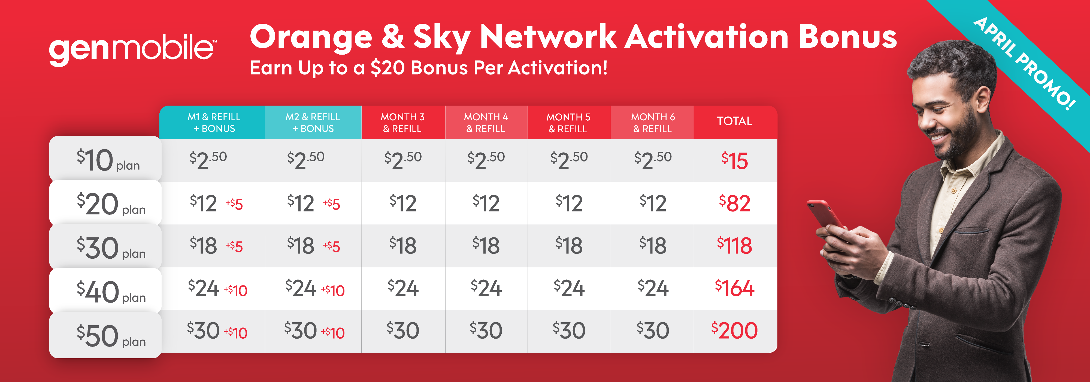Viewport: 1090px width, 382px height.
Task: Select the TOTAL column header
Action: pyautogui.click(x=735, y=121)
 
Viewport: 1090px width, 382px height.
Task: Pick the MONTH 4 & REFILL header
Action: pyautogui.click(x=486, y=123)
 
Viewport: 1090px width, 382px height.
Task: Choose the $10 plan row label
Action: pyautogui.click(x=108, y=160)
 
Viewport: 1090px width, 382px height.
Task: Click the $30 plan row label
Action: pyautogui.click(x=111, y=248)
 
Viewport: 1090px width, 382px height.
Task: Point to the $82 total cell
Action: pyautogui.click(x=735, y=203)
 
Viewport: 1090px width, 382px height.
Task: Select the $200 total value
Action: pyautogui.click(x=735, y=330)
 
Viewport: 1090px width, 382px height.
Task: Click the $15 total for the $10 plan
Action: pyautogui.click(x=735, y=161)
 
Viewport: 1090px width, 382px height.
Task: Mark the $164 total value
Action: pyautogui.click(x=735, y=288)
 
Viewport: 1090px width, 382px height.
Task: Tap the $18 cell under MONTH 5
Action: pyautogui.click(x=569, y=246)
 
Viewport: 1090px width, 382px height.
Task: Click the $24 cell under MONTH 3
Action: pyautogui.click(x=403, y=288)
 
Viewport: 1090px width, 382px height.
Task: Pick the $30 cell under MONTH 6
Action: pyautogui.click(x=653, y=330)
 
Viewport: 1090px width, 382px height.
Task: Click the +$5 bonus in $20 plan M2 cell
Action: pyautogui.click(x=331, y=204)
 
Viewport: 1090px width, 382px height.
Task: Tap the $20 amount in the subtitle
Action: pyautogui.click(x=387, y=68)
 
